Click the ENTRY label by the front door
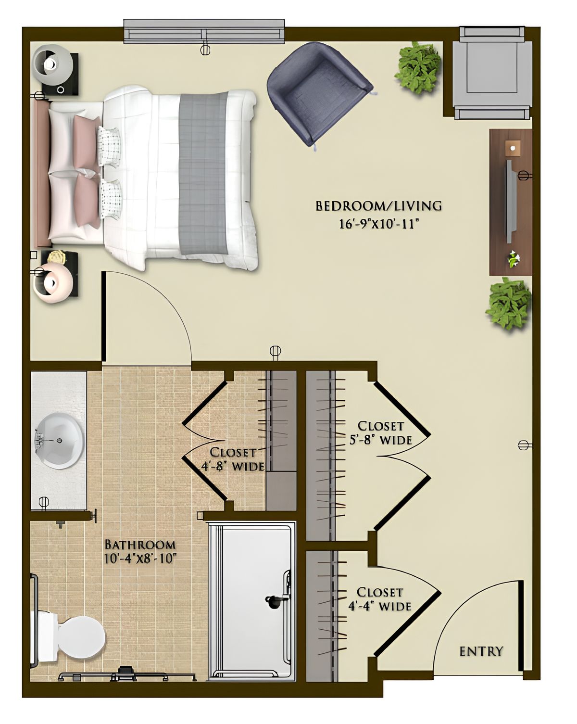481,651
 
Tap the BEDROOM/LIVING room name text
378,206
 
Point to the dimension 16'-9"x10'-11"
377,224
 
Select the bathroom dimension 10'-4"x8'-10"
140,559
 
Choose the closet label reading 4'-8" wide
233,459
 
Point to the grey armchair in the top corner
492,72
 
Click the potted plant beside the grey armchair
418,67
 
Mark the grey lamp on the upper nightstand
53,63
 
